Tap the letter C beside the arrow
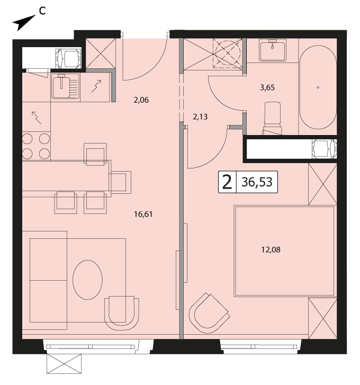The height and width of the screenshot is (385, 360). (x=42, y=11)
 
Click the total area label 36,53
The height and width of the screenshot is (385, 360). (x=257, y=182)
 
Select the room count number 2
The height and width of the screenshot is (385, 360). (x=227, y=182)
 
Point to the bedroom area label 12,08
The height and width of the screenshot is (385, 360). (x=271, y=250)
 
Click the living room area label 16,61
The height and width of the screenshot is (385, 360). (x=143, y=214)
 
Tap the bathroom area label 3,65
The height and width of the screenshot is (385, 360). (x=267, y=87)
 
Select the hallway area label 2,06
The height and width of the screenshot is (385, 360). (x=141, y=100)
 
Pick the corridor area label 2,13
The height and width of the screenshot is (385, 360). (x=200, y=117)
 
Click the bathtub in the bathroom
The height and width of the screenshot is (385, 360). (x=318, y=87)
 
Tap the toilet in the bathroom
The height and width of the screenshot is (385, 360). (x=272, y=118)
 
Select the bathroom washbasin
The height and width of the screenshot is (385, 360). (x=273, y=51)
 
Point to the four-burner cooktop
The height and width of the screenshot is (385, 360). (x=36, y=146)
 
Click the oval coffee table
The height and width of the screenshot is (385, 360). (x=87, y=280)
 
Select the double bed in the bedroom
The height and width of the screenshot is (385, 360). (x=284, y=251)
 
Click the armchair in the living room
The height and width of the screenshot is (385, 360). (x=122, y=314)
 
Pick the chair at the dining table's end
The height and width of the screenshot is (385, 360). (x=120, y=182)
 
